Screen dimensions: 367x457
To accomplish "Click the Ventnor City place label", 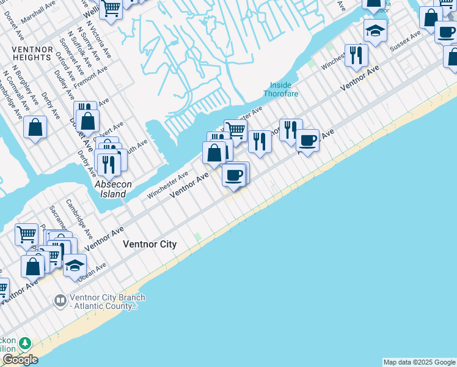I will click(x=150, y=244).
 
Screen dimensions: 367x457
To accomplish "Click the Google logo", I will click(x=20, y=360).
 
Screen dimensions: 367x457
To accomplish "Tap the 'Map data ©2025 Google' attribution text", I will click(x=419, y=362).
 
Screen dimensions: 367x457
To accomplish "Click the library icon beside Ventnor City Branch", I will click(x=60, y=300).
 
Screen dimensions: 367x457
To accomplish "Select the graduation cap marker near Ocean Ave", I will click(x=75, y=265).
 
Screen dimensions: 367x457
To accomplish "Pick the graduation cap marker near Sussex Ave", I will click(x=375, y=29).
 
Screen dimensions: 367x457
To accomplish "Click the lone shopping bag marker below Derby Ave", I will click(x=35, y=127).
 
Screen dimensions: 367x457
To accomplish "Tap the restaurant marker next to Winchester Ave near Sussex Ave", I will click(x=356, y=55).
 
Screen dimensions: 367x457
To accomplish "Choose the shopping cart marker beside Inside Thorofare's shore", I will click(x=235, y=129).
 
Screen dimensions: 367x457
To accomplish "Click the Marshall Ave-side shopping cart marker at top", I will click(x=111, y=8).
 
